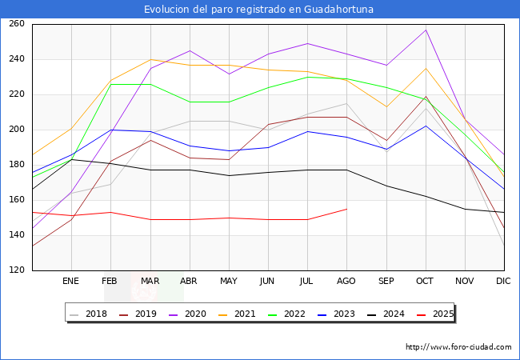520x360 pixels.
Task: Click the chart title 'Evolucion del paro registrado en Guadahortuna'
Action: (x=259, y=10)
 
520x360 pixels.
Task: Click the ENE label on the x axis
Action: (x=70, y=281)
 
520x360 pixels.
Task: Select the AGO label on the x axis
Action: (x=346, y=281)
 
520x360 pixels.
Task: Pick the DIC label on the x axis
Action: (x=503, y=281)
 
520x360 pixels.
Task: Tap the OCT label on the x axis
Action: (x=425, y=281)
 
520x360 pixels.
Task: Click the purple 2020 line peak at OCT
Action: (x=426, y=30)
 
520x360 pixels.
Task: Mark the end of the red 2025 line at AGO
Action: (x=346, y=209)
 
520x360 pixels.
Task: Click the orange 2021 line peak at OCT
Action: (x=426, y=68)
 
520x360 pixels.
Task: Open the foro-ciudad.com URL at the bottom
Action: (x=458, y=347)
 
